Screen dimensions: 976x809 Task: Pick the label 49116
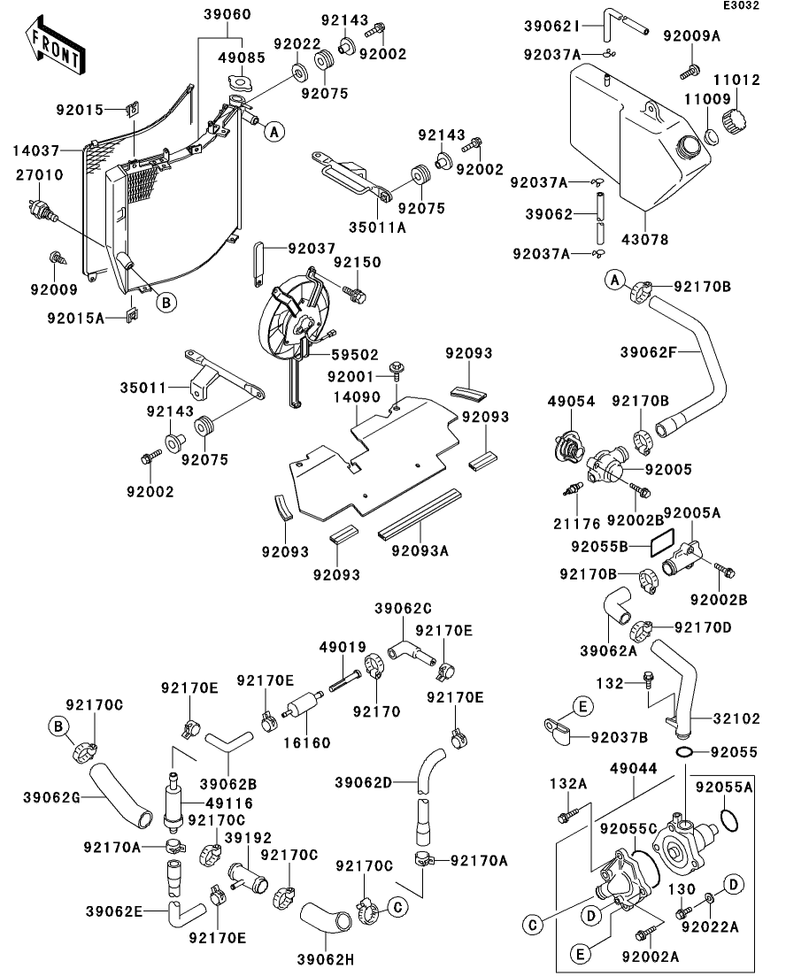[227, 803]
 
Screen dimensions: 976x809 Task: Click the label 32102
[741, 719]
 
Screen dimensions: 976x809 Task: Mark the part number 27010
[40, 175]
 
